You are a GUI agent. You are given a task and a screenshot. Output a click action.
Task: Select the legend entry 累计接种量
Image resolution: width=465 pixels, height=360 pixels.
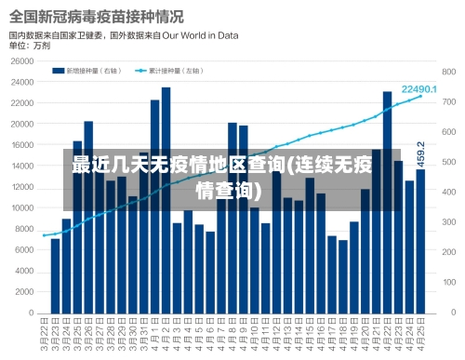click(171, 70)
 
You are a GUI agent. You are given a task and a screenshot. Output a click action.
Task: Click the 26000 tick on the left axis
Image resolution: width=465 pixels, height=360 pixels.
click(21, 60)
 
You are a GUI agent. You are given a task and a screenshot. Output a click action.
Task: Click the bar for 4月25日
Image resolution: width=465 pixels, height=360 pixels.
click(420, 242)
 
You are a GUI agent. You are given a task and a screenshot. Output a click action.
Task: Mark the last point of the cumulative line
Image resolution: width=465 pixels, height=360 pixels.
click(420, 97)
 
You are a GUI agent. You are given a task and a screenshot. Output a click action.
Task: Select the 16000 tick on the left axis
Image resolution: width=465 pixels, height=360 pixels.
click(21, 145)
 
